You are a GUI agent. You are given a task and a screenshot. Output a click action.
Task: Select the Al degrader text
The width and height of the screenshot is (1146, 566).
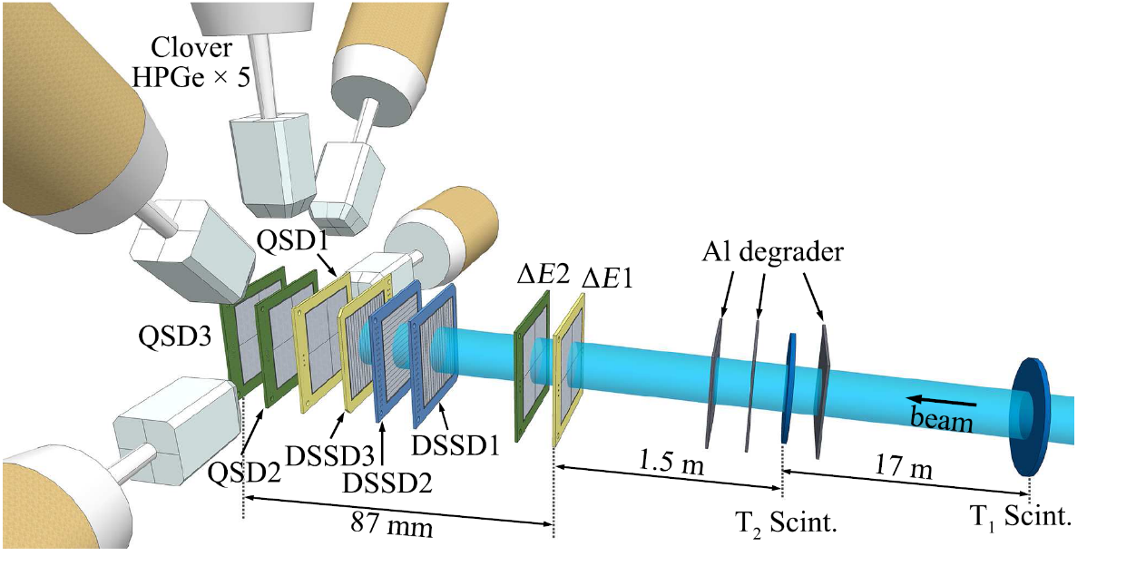772,252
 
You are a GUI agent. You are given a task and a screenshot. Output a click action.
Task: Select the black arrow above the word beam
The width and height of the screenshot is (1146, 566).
945,400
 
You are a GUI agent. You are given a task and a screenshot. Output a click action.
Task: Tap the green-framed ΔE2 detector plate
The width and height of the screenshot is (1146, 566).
533,372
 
